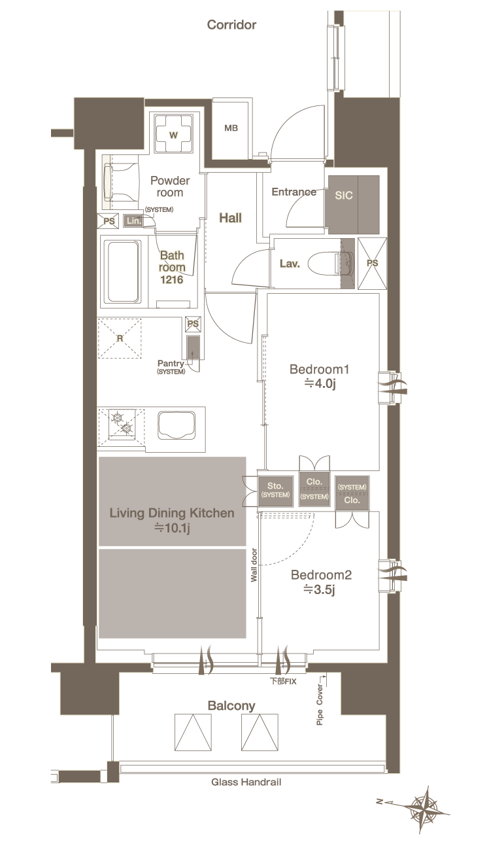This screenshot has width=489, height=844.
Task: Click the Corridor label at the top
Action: pos(231,25)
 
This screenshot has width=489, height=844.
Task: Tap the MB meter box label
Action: pos(231,128)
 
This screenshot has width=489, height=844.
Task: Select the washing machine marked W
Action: pos(173,134)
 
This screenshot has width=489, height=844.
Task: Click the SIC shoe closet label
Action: pos(344,195)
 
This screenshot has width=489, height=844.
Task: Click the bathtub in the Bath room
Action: pos(123,272)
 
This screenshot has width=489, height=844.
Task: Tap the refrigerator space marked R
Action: pos(120,338)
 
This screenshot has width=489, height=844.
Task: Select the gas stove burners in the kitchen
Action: pos(122,423)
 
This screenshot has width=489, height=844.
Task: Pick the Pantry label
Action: pos(171,364)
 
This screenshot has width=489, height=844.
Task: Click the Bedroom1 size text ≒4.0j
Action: pos(320,383)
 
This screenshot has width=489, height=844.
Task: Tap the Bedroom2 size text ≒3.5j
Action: pos(319,589)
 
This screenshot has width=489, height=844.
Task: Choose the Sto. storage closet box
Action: pos(276,491)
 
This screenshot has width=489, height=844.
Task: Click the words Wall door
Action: pos(254,565)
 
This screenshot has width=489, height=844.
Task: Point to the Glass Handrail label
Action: pos(246,782)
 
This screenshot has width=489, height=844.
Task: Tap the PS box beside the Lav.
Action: pos(372,264)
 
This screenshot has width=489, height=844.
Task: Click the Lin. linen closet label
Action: pos(133,220)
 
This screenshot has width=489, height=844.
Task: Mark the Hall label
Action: pos(230,218)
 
